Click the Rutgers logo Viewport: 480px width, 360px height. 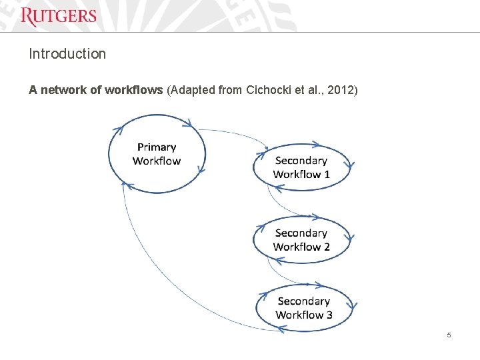59,16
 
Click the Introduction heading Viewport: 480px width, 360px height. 67,54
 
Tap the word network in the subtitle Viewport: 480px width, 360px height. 64,89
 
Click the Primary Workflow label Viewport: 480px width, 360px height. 157,154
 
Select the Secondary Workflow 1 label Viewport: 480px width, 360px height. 301,167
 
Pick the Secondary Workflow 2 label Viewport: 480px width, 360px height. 301,240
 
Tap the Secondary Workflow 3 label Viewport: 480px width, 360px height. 303,308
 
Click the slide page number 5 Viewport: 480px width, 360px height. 449,335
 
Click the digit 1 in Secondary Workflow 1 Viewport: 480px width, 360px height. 327,175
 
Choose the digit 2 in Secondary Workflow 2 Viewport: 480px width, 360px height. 327,247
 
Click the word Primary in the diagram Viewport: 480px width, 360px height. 157,147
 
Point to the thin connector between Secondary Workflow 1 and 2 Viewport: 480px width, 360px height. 272,200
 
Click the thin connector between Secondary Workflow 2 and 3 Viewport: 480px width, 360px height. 272,270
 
